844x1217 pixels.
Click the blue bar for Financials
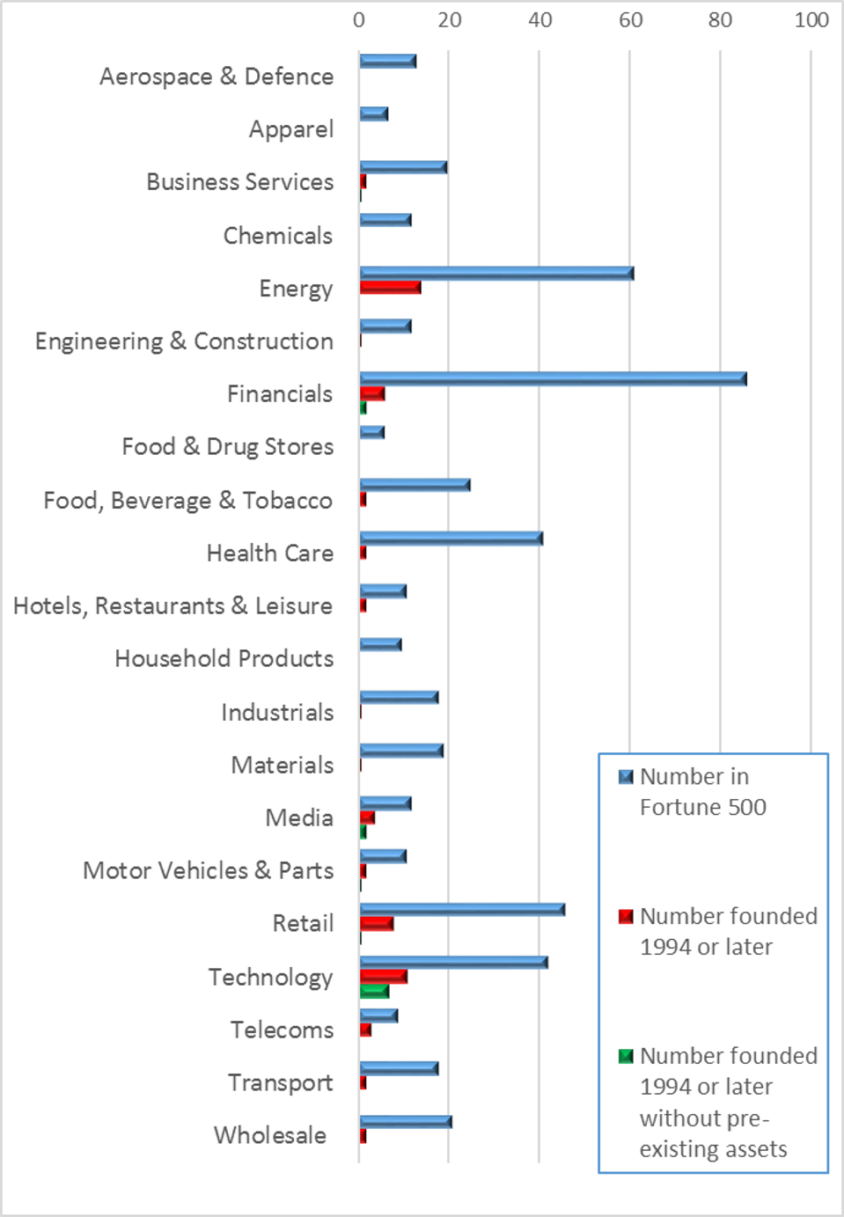pyautogui.click(x=553, y=379)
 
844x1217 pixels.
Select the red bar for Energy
pyautogui.click(x=390, y=288)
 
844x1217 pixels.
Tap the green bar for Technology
pyautogui.click(x=374, y=991)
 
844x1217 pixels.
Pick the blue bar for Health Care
pyautogui.click(x=451, y=539)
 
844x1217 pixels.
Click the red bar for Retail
pyautogui.click(x=377, y=923)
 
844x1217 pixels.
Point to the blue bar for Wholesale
pyautogui.click(x=405, y=1122)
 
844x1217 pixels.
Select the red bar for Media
pyautogui.click(x=367, y=817)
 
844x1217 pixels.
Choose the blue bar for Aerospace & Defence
pyautogui.click(x=387, y=62)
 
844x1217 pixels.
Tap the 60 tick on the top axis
pyautogui.click(x=630, y=20)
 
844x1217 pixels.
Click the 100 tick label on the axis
pyautogui.click(x=811, y=20)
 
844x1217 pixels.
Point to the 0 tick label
pyautogui.click(x=359, y=20)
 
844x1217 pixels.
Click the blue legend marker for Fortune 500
pyautogui.click(x=626, y=777)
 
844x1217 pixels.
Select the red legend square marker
pyautogui.click(x=626, y=917)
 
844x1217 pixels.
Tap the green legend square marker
pyautogui.click(x=626, y=1056)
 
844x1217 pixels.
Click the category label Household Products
pyautogui.click(x=224, y=658)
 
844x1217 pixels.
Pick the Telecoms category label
pyautogui.click(x=282, y=1030)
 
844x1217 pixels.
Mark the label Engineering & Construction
pyautogui.click(x=184, y=341)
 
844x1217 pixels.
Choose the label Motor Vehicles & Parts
pyautogui.click(x=208, y=870)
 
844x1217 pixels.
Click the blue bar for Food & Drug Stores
pyautogui.click(x=371, y=432)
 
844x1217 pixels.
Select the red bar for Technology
pyautogui.click(x=383, y=977)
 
